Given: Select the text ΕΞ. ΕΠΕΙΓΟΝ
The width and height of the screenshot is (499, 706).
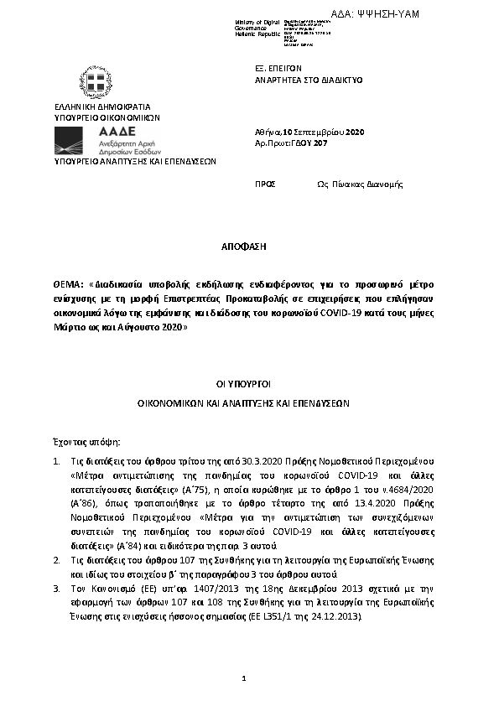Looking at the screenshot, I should pyautogui.click(x=278, y=69).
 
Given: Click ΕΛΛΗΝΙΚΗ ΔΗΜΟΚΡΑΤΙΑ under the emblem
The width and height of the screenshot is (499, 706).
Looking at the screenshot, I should pyautogui.click(x=101, y=107).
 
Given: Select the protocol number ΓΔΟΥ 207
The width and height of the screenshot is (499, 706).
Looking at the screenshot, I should pyautogui.click(x=309, y=143).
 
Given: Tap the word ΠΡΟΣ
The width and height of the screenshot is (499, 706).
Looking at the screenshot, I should pyautogui.click(x=265, y=184).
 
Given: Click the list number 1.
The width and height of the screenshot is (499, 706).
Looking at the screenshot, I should pyautogui.click(x=55, y=463).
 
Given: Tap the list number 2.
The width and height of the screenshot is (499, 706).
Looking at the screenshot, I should pyautogui.click(x=55, y=558).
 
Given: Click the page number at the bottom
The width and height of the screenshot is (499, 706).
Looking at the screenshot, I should pyautogui.click(x=243, y=677).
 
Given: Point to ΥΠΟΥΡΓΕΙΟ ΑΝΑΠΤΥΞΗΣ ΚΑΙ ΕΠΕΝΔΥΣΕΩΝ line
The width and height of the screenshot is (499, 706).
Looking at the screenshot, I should pyautogui.click(x=135, y=161).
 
